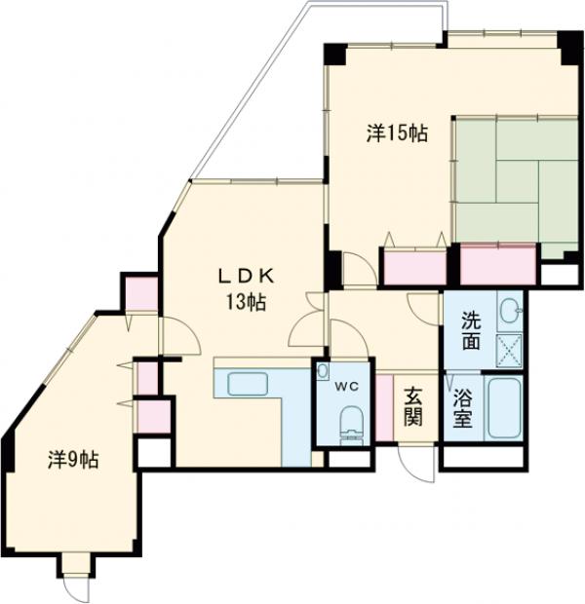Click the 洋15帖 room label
[x=397, y=133]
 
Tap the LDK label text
[x=247, y=276]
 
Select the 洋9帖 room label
[x=73, y=460]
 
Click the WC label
[x=346, y=386]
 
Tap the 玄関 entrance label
[x=413, y=407]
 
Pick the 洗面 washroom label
[x=471, y=331]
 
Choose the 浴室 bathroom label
[x=463, y=409]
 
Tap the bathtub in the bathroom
[x=503, y=407]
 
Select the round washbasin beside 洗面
[x=510, y=311]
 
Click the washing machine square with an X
[x=509, y=351]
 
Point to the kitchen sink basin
[x=248, y=384]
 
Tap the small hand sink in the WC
[x=323, y=371]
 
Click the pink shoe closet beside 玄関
[x=384, y=407]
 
